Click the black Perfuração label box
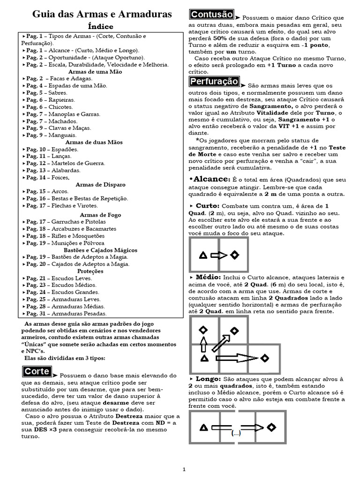point(214,82)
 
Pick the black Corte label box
point(37,371)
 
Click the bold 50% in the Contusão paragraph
point(221,38)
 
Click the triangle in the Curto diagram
point(203,255)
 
